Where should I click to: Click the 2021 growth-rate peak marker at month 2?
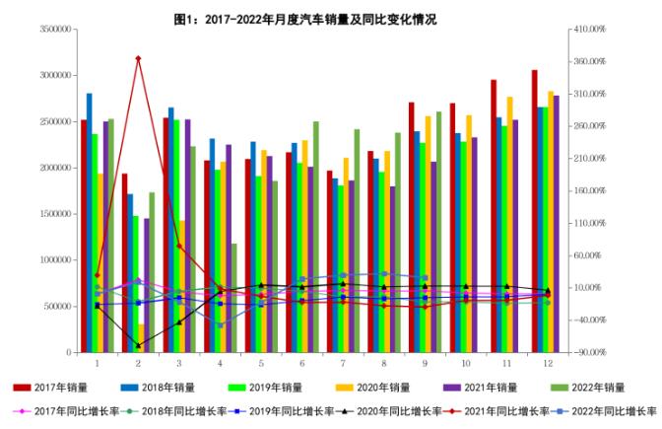pos(138,58)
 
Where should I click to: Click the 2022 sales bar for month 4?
pos(234,298)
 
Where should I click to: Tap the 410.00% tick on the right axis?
pos(590,30)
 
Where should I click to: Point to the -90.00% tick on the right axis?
pos(590,352)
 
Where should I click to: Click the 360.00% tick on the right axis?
pos(590,62)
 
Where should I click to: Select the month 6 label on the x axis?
pos(301,365)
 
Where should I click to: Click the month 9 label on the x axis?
pos(425,365)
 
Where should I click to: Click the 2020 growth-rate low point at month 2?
pos(138,346)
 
